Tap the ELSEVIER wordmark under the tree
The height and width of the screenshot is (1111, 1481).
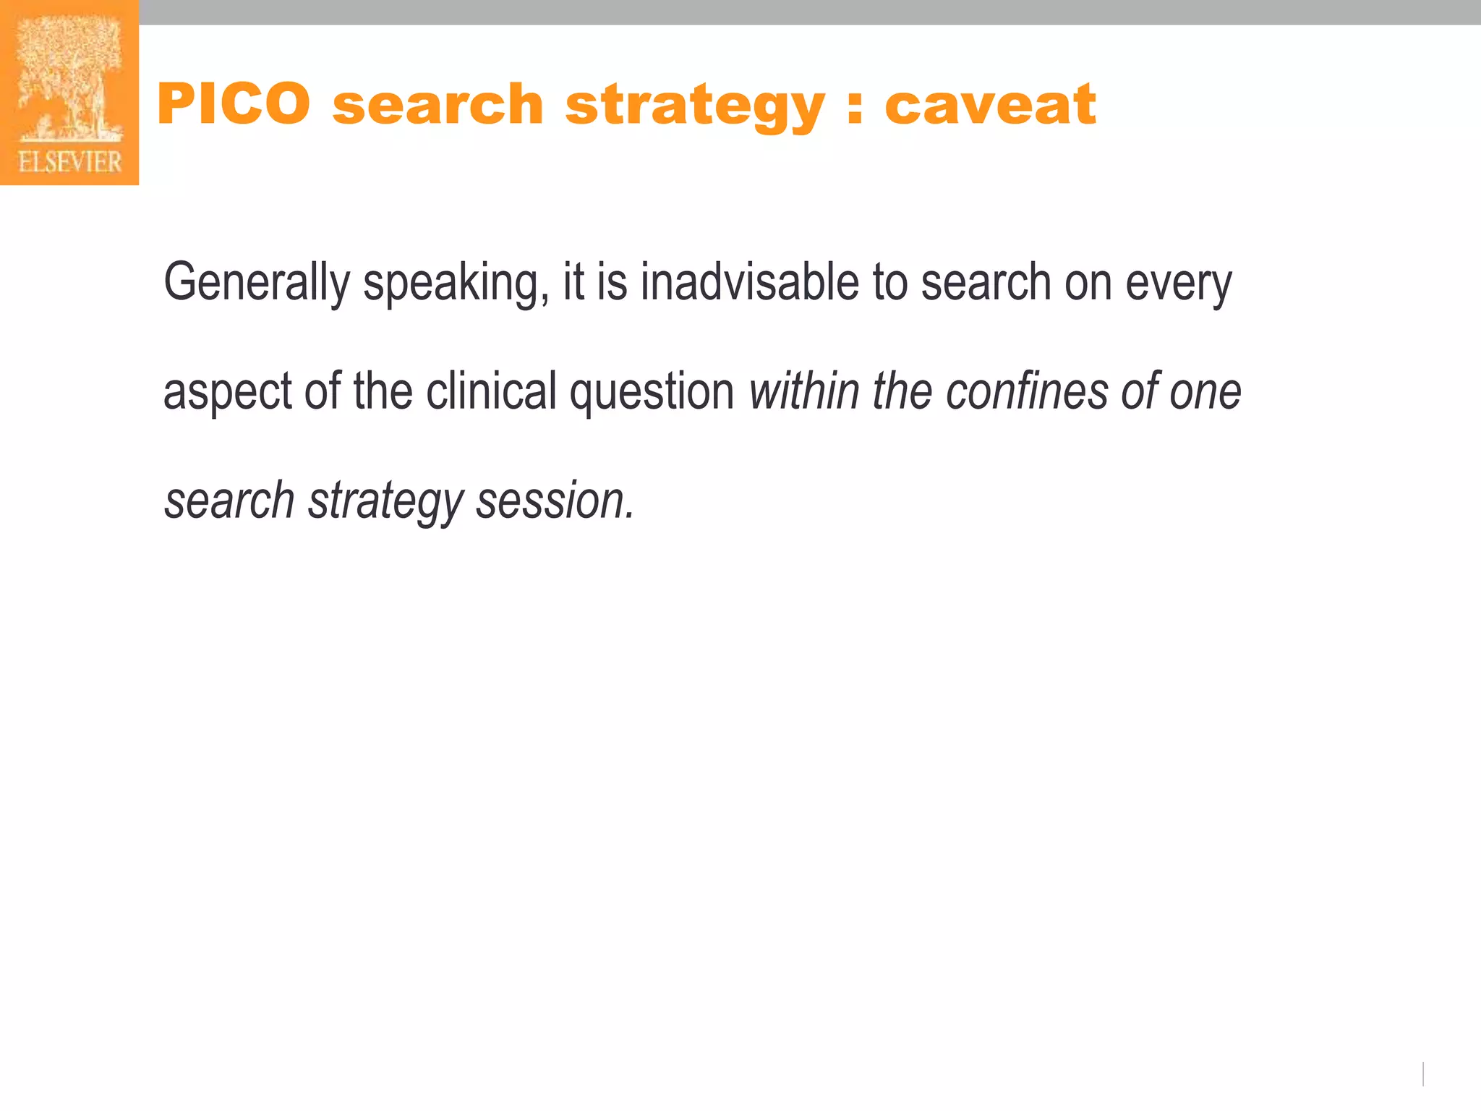pos(70,162)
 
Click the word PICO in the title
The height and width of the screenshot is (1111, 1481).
pos(234,104)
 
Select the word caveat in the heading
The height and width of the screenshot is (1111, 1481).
pos(990,104)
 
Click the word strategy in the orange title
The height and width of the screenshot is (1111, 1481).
pos(694,107)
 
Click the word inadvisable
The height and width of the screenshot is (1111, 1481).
pos(749,281)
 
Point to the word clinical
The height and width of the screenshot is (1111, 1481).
pos(491,391)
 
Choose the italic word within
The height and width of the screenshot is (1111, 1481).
pos(804,391)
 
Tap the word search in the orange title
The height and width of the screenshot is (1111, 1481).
pos(438,104)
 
